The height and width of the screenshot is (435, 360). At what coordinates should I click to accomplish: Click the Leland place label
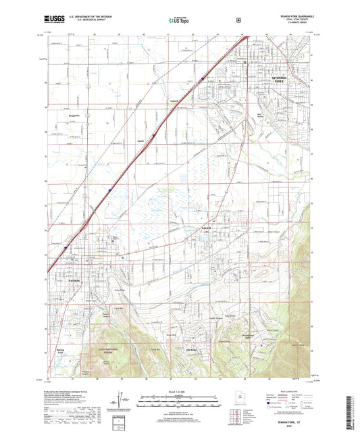[x=174, y=101]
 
